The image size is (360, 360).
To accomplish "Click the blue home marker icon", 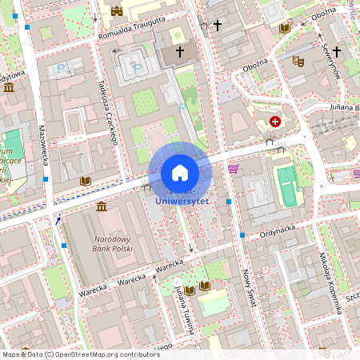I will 179,173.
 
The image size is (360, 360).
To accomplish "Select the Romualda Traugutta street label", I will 131,28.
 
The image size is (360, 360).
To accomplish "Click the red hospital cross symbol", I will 276,122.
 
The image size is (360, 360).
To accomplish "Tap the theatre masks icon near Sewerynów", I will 298,60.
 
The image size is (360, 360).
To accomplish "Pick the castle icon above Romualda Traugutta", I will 118,11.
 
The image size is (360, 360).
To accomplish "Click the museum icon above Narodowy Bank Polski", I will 102,207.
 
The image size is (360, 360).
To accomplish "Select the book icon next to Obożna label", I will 285,28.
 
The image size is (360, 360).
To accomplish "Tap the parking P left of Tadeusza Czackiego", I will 61,70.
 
